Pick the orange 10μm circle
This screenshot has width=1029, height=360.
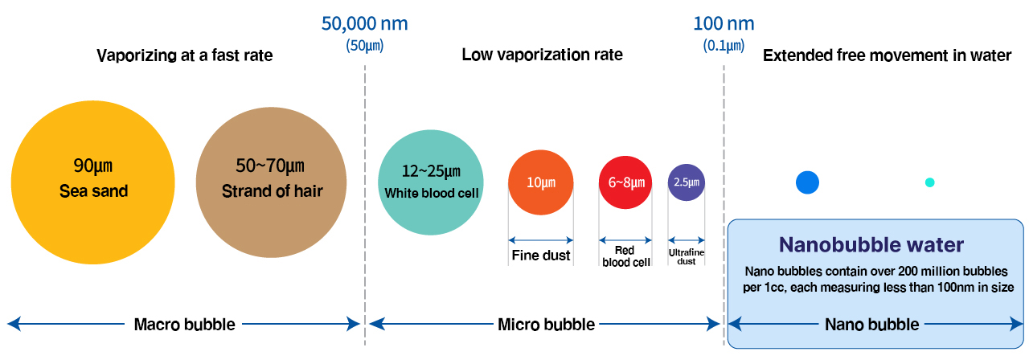541,182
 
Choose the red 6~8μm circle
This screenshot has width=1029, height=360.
625,182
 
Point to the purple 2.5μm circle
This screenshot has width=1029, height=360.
687,182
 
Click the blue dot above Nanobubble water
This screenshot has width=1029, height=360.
807,182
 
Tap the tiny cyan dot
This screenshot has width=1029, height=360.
930,182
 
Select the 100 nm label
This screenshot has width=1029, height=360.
724,23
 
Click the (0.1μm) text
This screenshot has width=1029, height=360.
724,46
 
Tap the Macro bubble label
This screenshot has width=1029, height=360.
184,325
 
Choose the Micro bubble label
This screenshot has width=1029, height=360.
546,325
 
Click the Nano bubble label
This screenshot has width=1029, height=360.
871,325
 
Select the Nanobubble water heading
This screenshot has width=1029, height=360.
871,244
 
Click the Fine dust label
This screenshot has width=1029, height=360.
541,256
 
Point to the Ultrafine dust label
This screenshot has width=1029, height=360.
687,256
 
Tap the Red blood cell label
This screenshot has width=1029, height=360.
625,256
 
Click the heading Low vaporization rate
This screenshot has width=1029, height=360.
542,55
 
